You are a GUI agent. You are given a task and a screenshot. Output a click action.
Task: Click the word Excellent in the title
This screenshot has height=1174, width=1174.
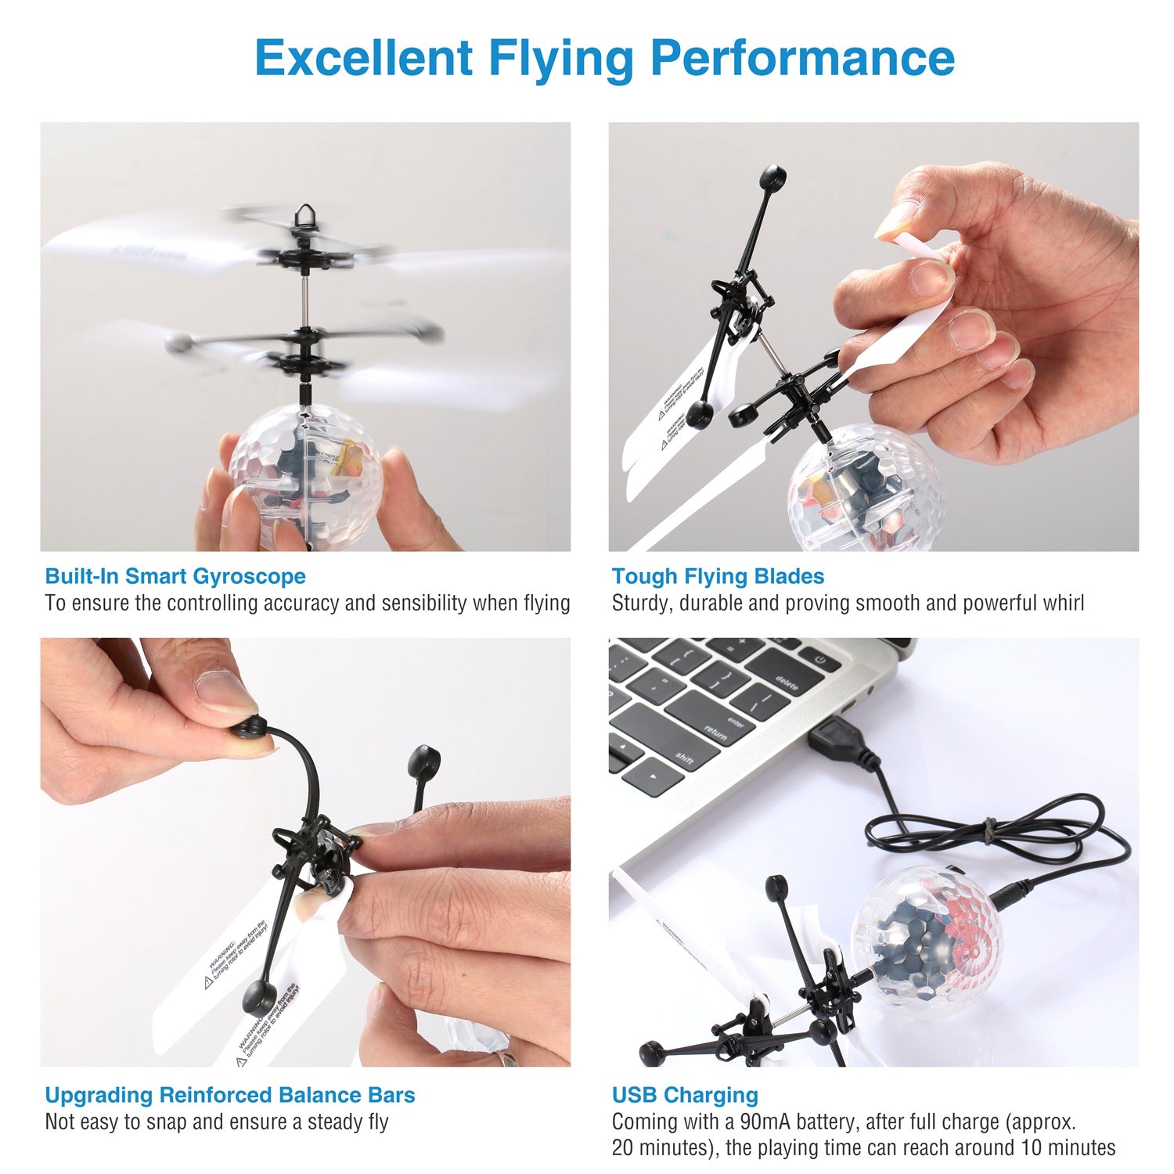(x=363, y=57)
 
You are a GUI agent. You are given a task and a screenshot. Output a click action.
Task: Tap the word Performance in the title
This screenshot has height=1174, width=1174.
(x=802, y=57)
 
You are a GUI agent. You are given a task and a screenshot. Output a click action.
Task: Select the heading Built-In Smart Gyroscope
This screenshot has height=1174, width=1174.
(x=175, y=577)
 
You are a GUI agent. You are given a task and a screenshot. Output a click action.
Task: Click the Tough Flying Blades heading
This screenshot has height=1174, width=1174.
(x=718, y=577)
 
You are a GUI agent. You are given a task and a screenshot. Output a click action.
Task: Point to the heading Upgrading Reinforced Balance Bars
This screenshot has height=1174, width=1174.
(x=230, y=1095)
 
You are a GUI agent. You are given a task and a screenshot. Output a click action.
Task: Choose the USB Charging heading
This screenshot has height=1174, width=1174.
(x=685, y=1095)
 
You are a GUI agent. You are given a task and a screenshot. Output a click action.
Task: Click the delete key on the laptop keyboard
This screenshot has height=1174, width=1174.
(x=786, y=684)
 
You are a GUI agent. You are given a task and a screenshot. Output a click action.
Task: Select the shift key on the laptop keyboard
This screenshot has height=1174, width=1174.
(x=684, y=758)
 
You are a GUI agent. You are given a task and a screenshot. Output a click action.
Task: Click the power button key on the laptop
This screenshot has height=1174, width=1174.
(x=819, y=660)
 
